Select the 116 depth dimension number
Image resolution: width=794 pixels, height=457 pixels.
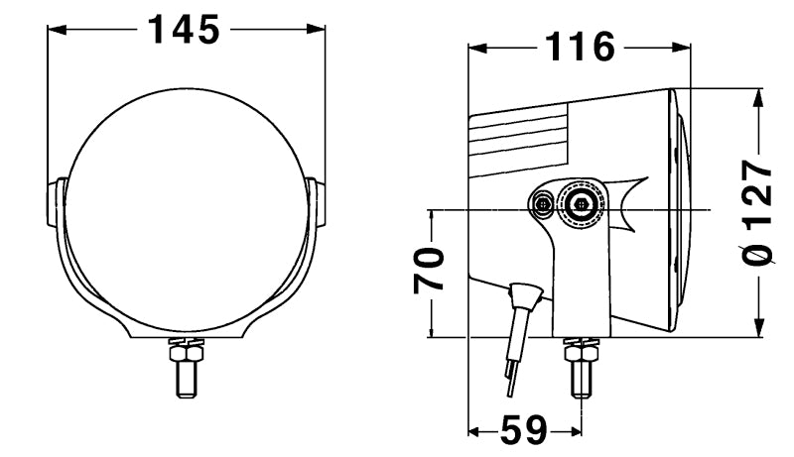coord(579,47)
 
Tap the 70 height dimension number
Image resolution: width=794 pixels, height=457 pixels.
coord(429,271)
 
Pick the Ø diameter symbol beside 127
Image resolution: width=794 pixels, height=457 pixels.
coord(759,254)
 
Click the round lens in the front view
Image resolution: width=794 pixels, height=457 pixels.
coord(185,198)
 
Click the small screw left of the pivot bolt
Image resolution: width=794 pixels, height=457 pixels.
coord(542,205)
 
